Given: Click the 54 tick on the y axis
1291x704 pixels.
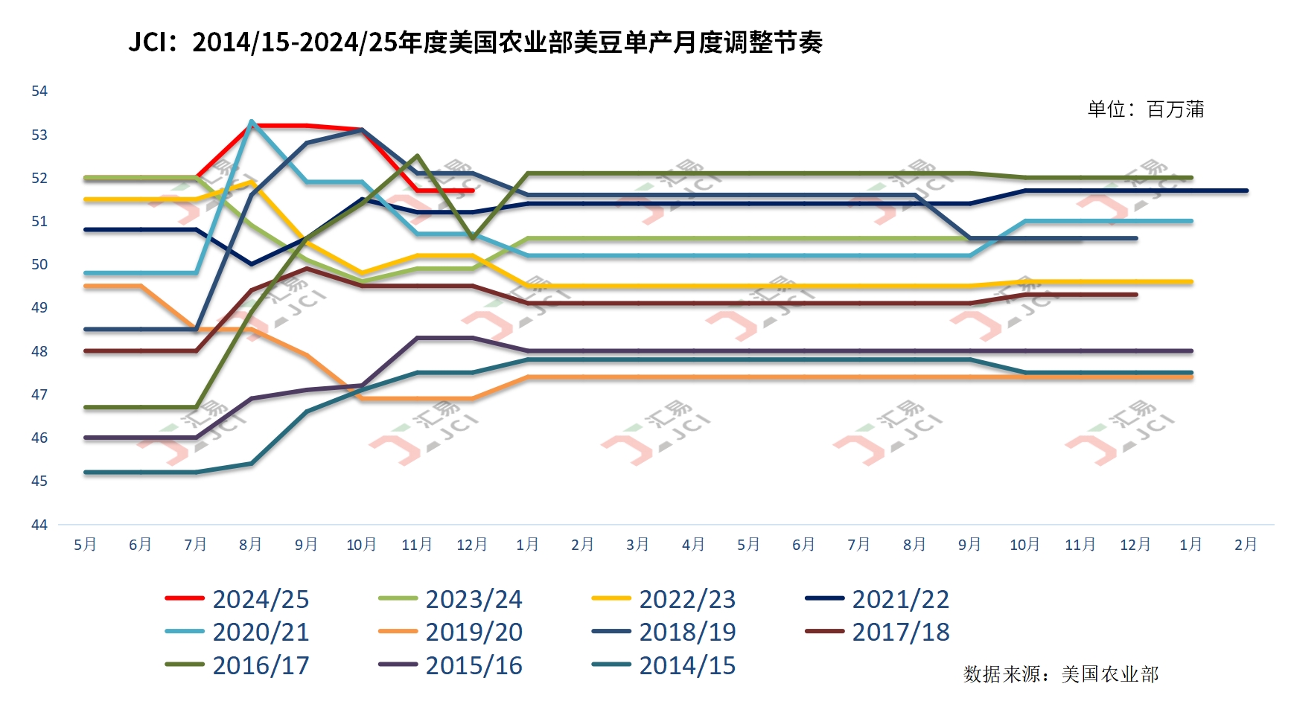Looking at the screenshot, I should tap(39, 91).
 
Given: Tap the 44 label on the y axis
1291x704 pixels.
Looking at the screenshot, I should tap(39, 525).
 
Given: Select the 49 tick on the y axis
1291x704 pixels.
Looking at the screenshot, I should tap(39, 307).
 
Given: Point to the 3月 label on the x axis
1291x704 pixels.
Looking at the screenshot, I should tap(638, 545).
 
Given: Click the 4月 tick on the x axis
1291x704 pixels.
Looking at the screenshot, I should tap(693, 545).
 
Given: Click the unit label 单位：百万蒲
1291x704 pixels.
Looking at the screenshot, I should tap(1145, 109).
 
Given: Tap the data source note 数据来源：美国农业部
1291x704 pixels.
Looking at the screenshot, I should tap(1061, 674).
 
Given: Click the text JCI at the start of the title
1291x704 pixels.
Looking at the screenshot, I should tap(147, 42).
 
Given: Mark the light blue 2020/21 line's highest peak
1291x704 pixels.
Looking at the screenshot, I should tap(252, 121).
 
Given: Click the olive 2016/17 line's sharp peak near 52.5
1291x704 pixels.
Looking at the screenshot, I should tap(417, 156).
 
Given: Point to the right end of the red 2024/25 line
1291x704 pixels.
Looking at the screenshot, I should tap(473, 191).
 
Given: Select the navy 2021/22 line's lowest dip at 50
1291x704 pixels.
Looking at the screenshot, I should tap(252, 264).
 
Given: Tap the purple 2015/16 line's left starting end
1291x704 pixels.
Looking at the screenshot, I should tap(86, 438).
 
